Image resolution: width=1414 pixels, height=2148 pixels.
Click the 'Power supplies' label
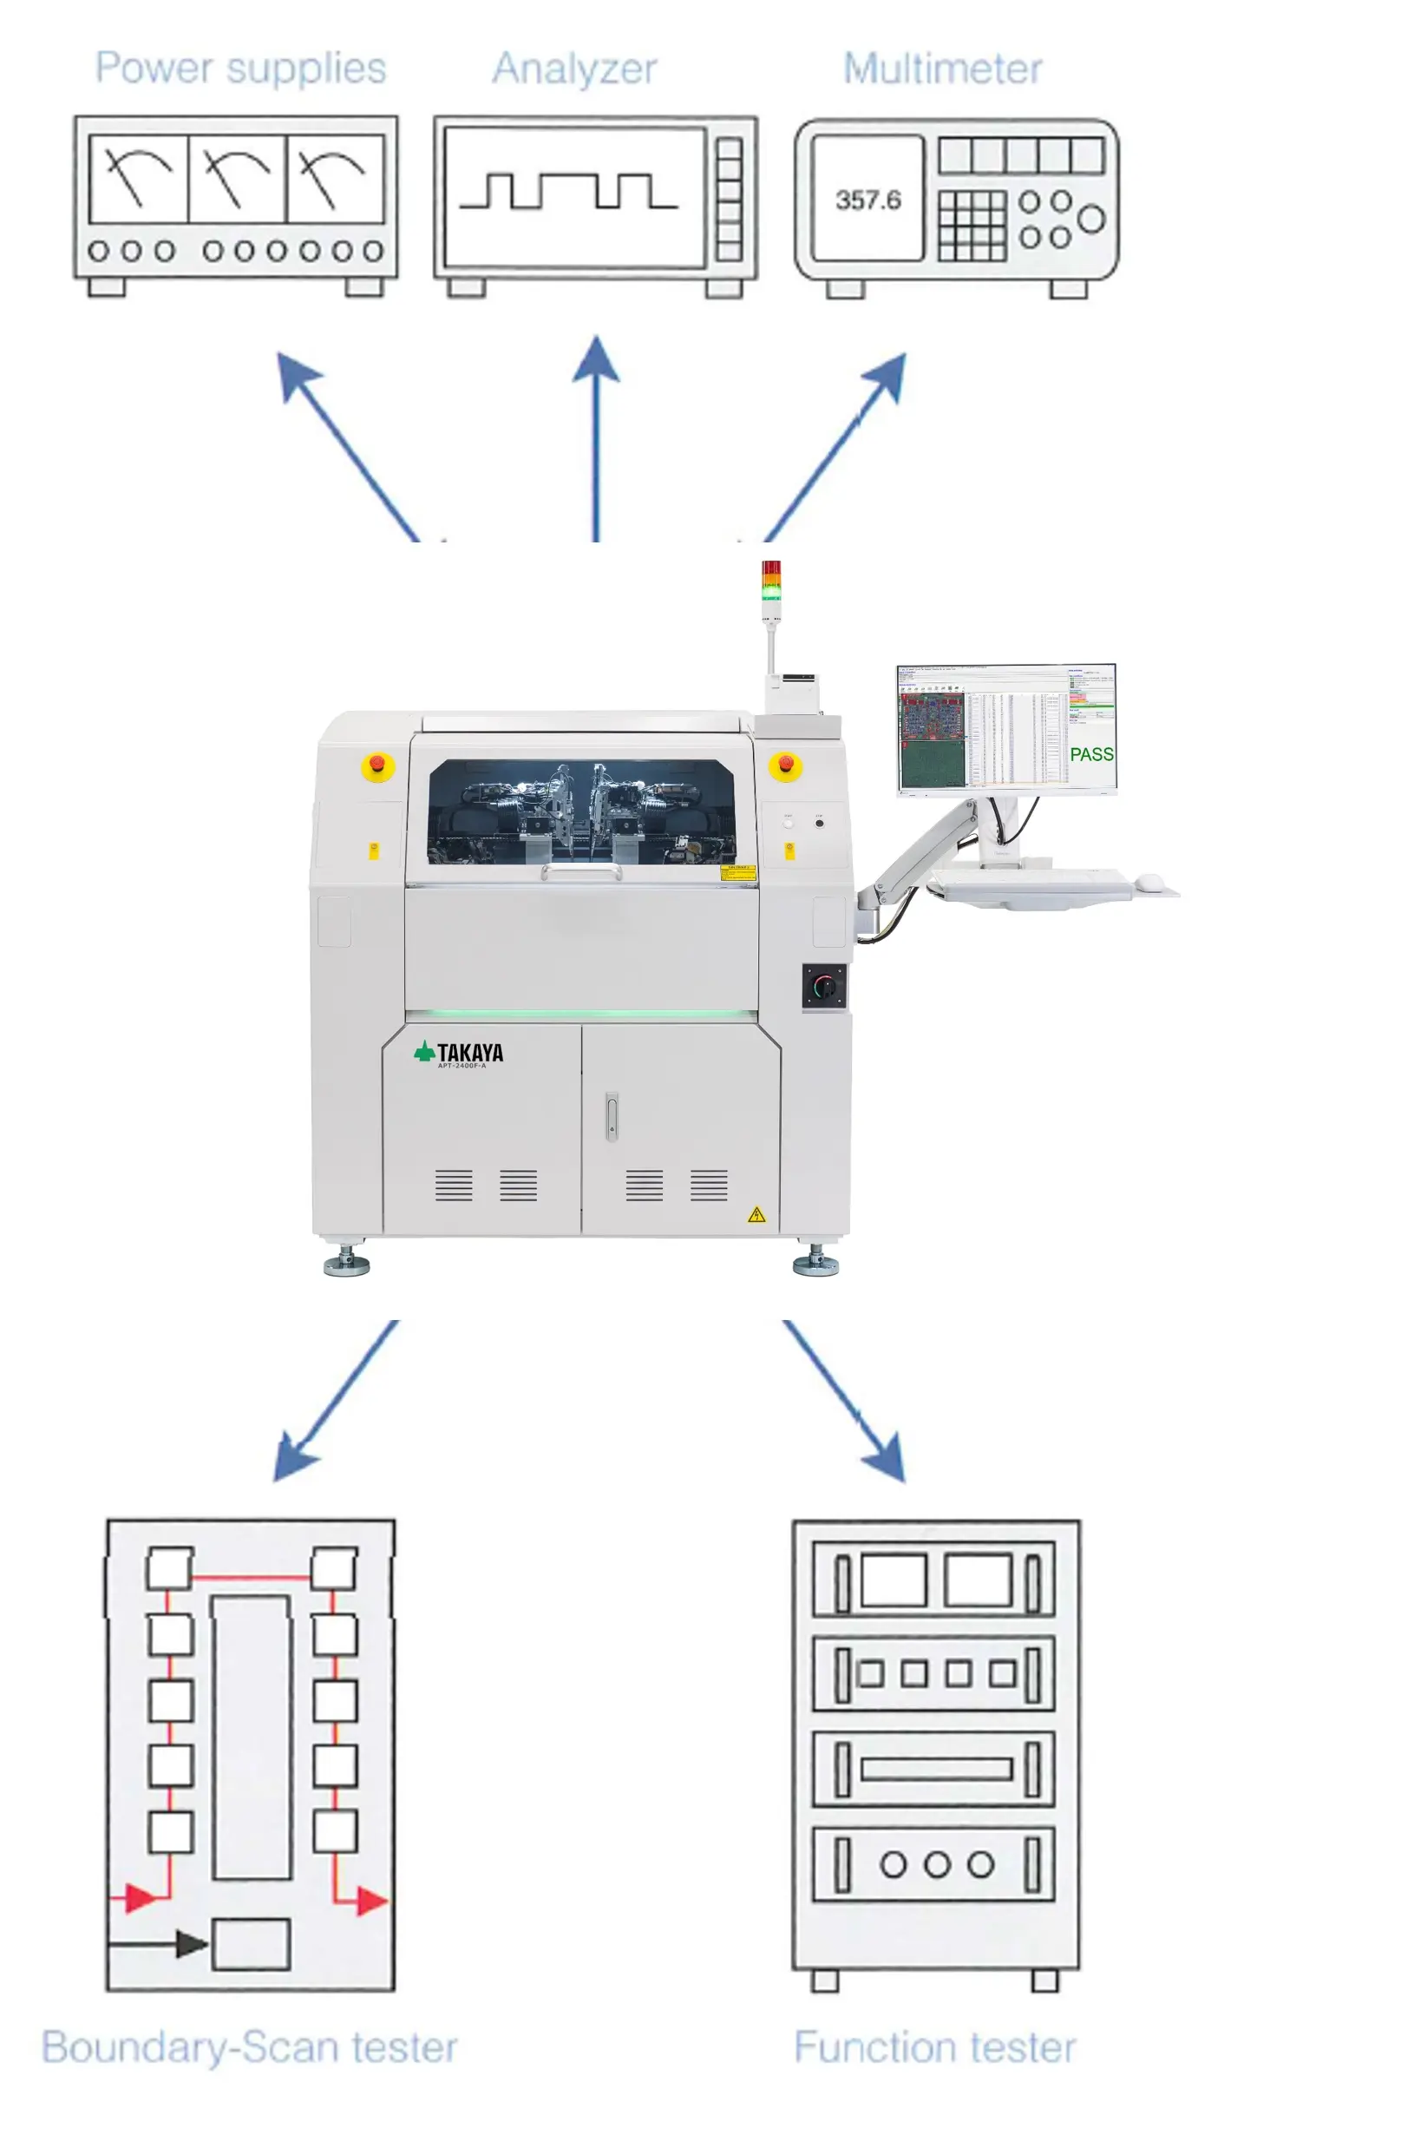point(240,69)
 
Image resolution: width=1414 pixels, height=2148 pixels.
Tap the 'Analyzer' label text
point(574,69)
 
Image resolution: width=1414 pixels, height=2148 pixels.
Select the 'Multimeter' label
point(942,69)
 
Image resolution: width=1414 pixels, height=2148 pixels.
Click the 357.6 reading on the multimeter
point(867,200)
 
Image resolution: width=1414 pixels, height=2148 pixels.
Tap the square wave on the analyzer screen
point(567,190)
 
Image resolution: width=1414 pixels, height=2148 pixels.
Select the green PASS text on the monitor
point(1091,754)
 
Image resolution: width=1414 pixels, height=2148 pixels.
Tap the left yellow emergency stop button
point(377,766)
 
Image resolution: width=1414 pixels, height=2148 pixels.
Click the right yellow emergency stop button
point(785,765)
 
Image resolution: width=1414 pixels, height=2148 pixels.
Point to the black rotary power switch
point(823,986)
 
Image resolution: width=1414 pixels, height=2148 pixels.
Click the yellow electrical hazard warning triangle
point(756,1215)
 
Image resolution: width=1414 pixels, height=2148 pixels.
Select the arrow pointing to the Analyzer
point(596,433)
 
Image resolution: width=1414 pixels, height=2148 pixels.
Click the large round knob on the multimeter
point(1090,219)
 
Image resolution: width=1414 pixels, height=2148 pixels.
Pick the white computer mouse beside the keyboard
point(1148,881)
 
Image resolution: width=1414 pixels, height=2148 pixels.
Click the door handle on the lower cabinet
point(611,1116)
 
